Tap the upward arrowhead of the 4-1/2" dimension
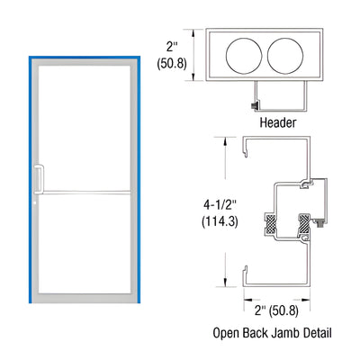click(218, 140)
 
